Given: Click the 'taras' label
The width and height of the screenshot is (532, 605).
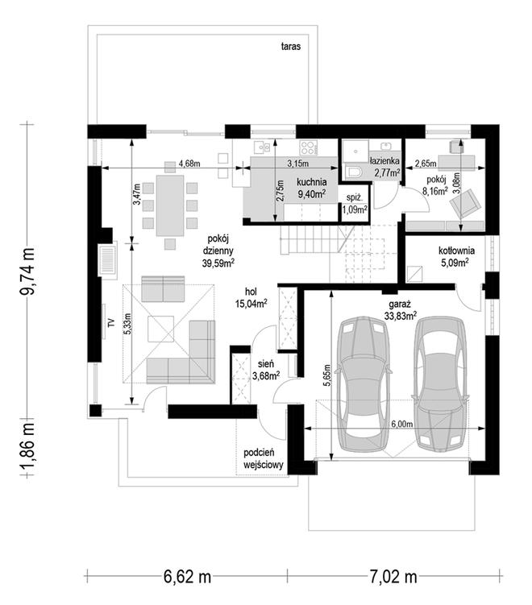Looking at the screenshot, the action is point(291,47).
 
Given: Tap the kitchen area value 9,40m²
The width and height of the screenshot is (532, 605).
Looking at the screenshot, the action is point(312,193).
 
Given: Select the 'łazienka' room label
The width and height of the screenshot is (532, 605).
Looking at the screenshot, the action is point(384,160).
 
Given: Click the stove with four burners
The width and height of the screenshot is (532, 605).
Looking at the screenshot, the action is point(309,147).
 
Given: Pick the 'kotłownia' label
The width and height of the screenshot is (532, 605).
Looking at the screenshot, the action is point(456,251).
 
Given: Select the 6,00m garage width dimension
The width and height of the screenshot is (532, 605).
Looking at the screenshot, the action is point(402,424).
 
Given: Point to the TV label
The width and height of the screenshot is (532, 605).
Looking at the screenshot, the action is point(111,323).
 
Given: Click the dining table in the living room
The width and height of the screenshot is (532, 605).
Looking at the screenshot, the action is point(170,205).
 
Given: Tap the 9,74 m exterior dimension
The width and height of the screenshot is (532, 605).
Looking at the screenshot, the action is point(27,271).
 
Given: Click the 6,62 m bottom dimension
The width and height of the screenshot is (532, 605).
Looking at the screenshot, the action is point(187,578).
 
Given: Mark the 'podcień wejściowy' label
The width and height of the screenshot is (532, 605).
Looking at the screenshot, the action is point(264,458).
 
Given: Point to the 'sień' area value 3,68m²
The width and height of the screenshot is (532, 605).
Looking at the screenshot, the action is point(266,375).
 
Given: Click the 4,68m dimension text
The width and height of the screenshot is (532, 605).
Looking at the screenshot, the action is point(189,164).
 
